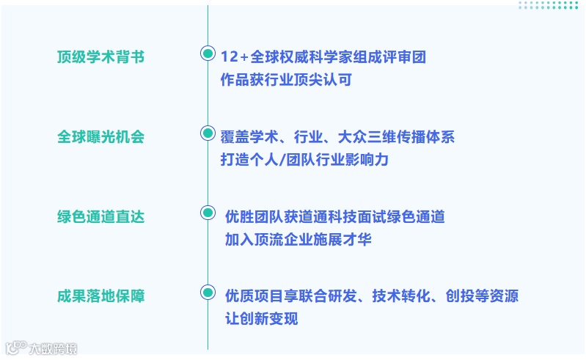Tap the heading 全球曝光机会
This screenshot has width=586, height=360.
[100, 137]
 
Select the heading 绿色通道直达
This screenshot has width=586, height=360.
[100, 217]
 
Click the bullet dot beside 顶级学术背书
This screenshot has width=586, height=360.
[208, 54]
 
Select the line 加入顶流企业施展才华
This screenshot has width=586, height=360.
[299, 239]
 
